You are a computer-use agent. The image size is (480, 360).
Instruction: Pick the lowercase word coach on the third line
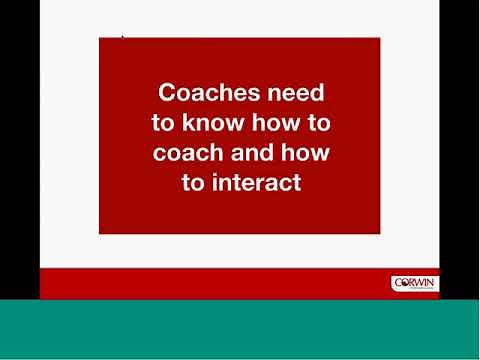(188, 153)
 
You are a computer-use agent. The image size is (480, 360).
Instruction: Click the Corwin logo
(414, 284)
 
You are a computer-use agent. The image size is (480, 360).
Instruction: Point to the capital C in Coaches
(169, 93)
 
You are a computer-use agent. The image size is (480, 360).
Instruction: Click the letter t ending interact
(296, 183)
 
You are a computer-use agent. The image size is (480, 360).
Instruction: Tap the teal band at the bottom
(240, 330)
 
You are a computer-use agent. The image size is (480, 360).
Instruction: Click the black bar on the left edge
(19, 150)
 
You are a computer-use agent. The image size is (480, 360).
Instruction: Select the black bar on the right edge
(459, 150)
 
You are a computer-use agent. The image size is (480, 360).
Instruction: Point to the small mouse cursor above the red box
(123, 37)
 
